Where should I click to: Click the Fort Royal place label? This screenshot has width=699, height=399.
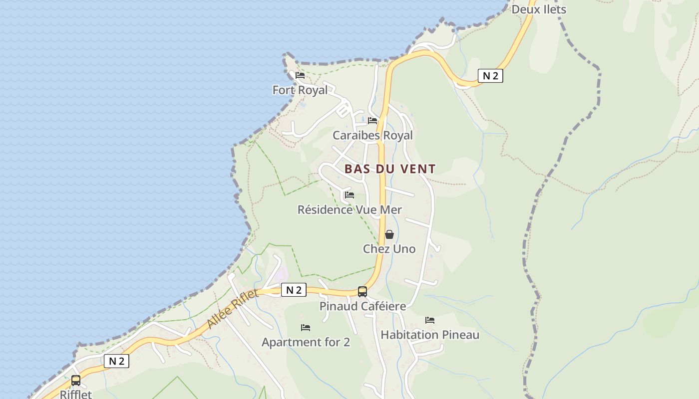click(300, 90)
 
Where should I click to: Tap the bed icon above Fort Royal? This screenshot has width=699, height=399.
click(300, 75)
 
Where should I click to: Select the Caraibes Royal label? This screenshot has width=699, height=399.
click(372, 135)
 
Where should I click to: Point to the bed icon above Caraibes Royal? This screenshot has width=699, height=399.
click(372, 121)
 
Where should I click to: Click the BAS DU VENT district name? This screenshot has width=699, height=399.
click(390, 169)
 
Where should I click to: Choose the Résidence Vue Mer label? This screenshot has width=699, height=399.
click(349, 209)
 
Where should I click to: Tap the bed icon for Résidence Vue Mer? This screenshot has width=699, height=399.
click(349, 195)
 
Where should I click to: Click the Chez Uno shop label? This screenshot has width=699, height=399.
click(389, 249)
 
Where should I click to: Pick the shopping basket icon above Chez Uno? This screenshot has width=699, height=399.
click(389, 234)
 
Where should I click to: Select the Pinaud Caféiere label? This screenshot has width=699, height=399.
click(362, 306)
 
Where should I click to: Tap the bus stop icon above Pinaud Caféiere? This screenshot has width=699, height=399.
click(362, 291)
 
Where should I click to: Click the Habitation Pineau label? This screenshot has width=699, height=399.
click(430, 335)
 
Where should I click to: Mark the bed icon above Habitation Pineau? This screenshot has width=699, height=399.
click(430, 320)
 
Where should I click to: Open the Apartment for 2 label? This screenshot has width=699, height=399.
click(306, 342)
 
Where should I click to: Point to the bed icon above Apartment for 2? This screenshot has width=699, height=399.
click(306, 328)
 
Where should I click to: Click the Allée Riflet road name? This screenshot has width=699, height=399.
click(233, 309)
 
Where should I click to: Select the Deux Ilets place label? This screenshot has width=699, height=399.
click(539, 9)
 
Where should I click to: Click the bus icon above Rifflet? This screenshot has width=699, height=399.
click(76, 381)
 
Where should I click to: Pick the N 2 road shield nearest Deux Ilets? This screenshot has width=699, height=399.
click(490, 76)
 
